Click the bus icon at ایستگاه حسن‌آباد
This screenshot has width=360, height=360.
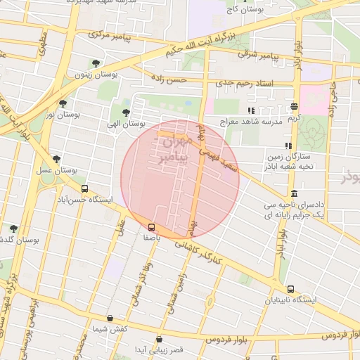click(85, 189)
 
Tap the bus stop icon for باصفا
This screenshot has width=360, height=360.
click(151, 227)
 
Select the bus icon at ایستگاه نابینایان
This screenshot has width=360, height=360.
click(290, 289)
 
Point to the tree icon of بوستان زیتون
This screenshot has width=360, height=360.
click(96, 63)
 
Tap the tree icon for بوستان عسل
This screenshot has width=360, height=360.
click(56, 160)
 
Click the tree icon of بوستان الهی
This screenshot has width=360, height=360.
click(126, 112)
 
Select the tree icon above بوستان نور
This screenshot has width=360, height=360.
click(63, 103)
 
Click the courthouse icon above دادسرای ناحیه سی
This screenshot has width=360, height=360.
click(293, 193)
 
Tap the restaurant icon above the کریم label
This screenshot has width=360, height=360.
click(294, 107)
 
